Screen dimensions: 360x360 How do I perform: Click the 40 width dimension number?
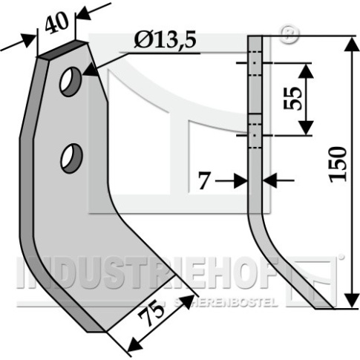click(x=56, y=23)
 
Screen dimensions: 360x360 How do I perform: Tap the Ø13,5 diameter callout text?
click(x=165, y=40)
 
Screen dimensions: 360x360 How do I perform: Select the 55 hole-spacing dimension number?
click(x=292, y=98)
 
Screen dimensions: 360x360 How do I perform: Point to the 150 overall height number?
click(x=338, y=164)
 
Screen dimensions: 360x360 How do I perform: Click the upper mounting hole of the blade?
click(x=71, y=82)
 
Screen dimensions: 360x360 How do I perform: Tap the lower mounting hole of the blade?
click(x=71, y=158)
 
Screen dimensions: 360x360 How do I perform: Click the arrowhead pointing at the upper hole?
click(x=89, y=70)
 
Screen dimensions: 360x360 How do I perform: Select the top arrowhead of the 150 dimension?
click(x=352, y=45)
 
